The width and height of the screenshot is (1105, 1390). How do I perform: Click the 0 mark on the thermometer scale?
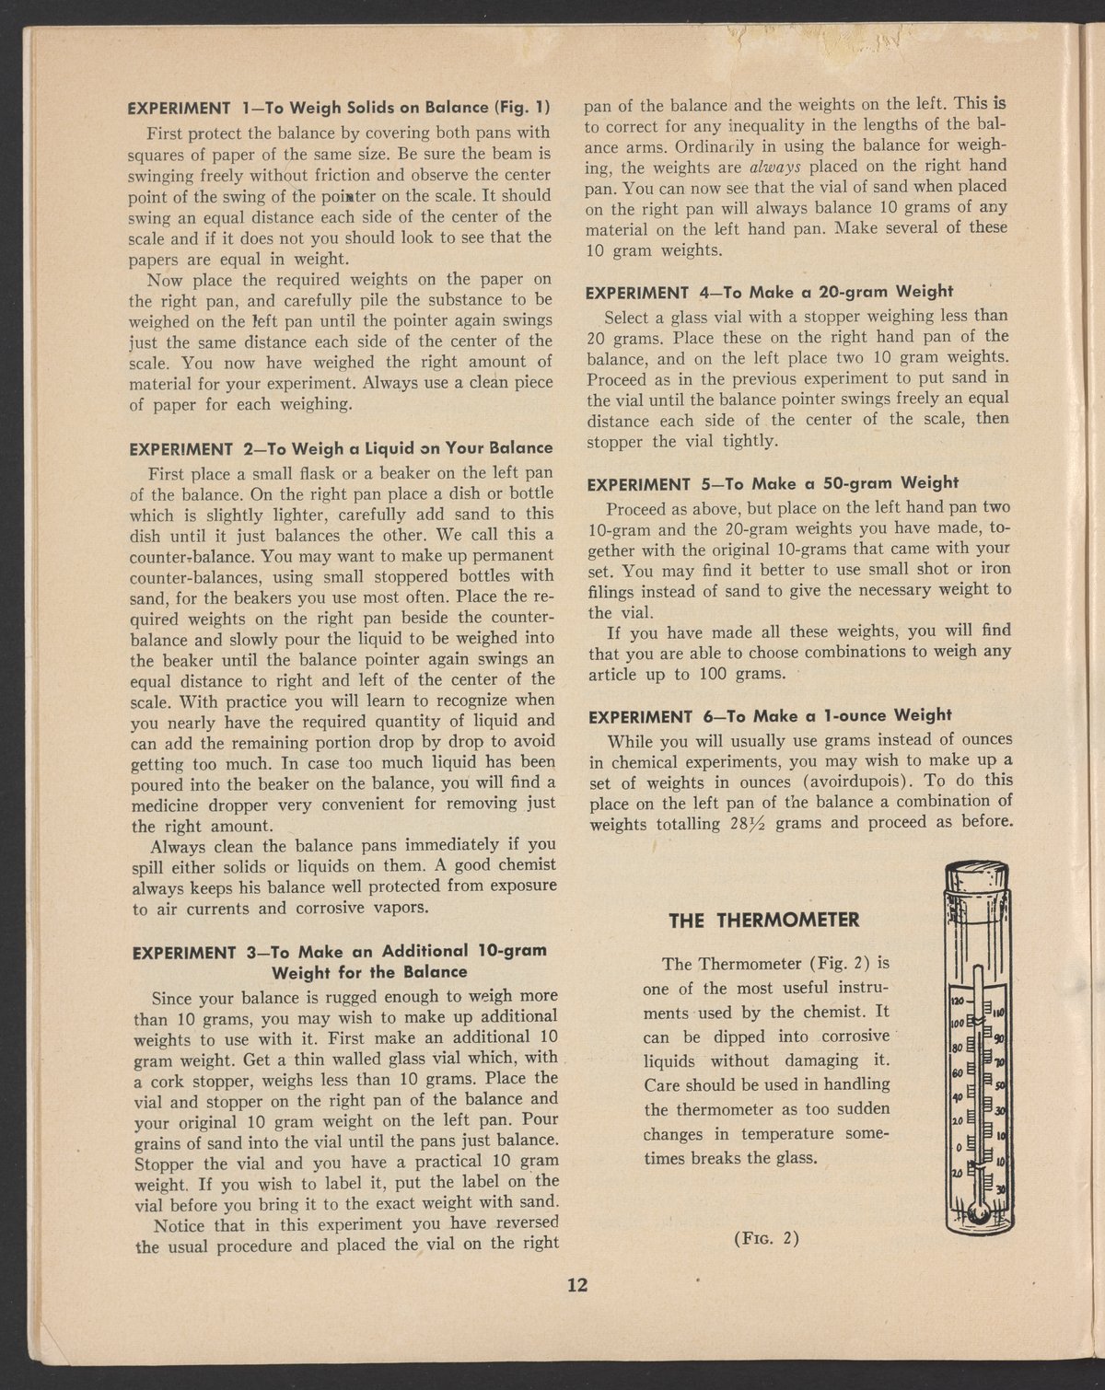pyautogui.click(x=958, y=1147)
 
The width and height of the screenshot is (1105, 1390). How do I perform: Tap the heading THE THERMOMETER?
pyautogui.click(x=763, y=920)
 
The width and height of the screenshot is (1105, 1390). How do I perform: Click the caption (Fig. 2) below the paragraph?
pyautogui.click(x=765, y=1237)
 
